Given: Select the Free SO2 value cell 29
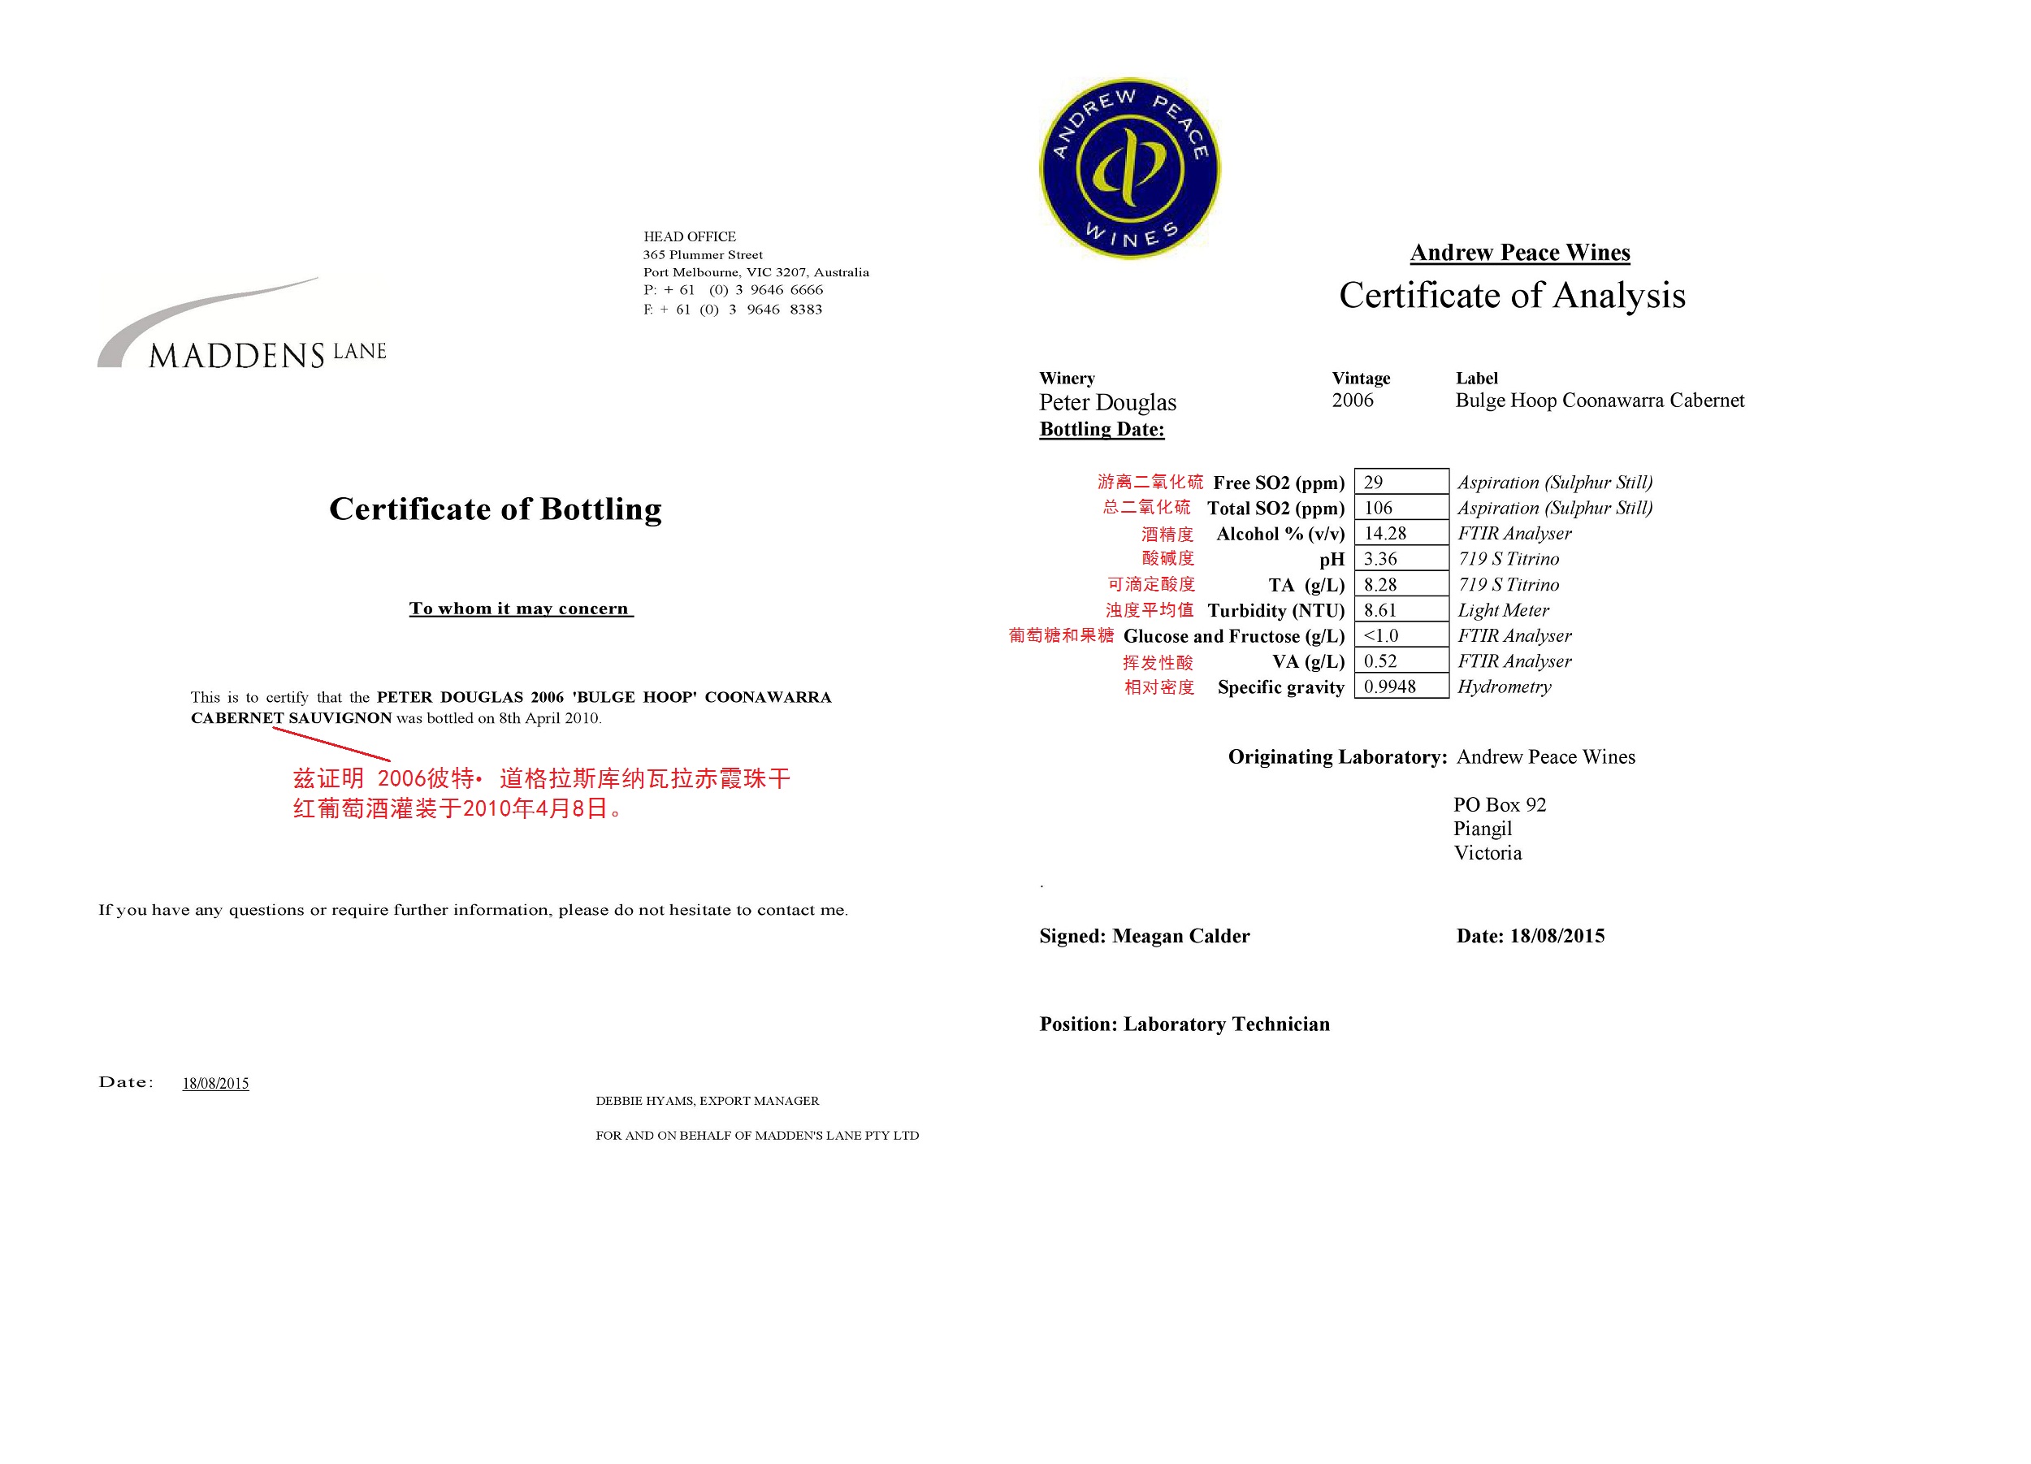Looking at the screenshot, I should [1401, 482].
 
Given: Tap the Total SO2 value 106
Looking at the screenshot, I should [1401, 508].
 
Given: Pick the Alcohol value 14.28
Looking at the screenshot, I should [1401, 534].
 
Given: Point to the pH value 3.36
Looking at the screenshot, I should [1401, 559].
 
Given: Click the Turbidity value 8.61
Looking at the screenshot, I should [1401, 611].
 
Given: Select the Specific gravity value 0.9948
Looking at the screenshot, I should [1401, 687].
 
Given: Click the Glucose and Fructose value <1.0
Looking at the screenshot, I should [1401, 636].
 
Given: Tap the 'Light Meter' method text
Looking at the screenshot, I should [1503, 611].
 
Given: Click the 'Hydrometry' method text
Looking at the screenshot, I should [1504, 687].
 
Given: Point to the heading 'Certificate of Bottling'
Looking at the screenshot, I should [496, 509].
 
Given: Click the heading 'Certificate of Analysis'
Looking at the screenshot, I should [1512, 296].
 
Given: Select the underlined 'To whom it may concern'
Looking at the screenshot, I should [519, 609].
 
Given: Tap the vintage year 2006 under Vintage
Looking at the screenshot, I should [1352, 401].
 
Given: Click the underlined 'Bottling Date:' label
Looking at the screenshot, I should [1102, 429].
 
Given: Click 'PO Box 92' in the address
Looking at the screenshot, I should [1499, 804].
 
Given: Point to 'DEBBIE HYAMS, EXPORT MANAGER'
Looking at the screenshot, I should [708, 1101].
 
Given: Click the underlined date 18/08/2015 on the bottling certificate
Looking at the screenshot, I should [216, 1084].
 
